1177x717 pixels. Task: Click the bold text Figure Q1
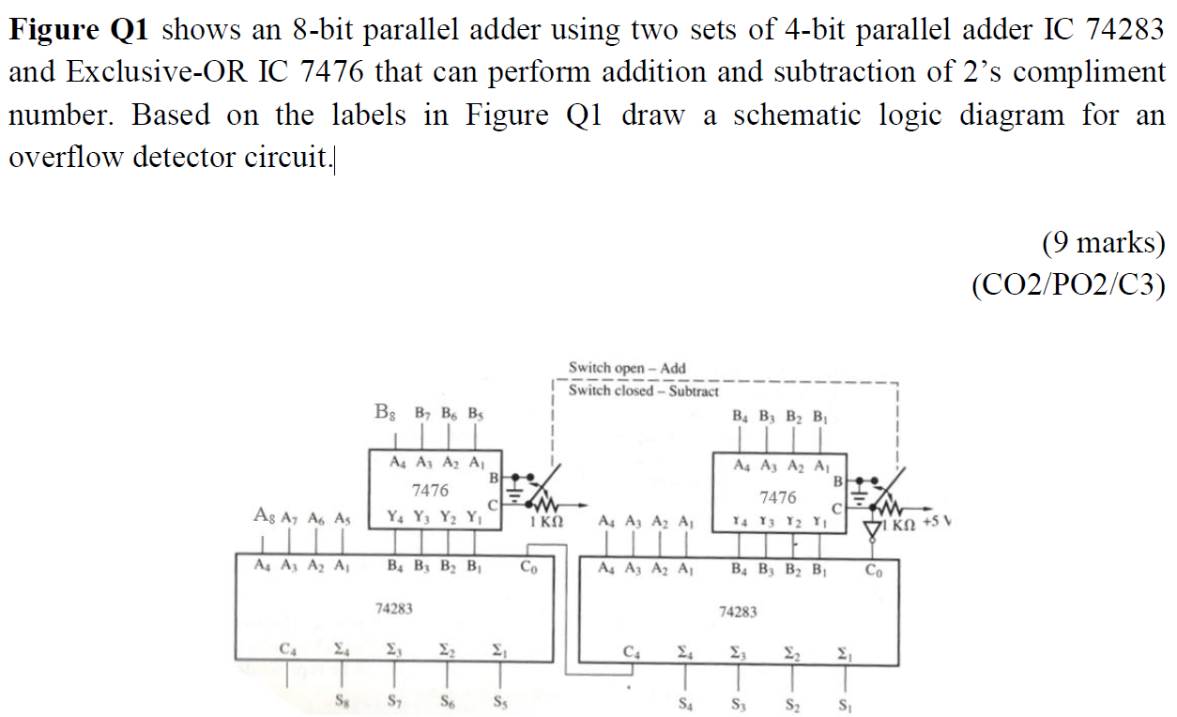point(79,29)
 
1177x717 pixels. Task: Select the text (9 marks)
point(1102,243)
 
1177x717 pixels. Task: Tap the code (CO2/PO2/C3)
point(1068,283)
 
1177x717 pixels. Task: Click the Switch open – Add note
point(627,368)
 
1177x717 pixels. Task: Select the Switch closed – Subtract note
point(644,390)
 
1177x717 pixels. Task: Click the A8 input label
point(265,514)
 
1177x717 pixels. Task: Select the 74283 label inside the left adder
point(394,608)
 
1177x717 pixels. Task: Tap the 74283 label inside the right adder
point(738,612)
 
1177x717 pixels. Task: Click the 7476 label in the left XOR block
point(431,489)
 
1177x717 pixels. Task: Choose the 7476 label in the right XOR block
point(778,496)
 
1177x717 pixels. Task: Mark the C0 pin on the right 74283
point(873,569)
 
